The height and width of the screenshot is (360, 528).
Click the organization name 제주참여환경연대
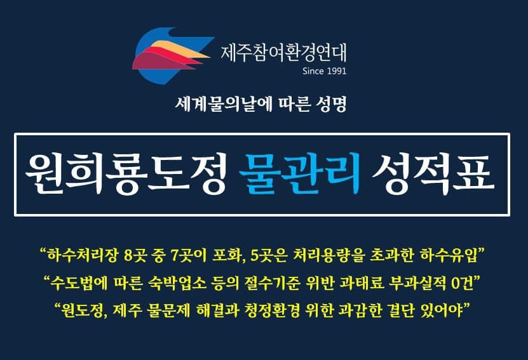[283, 53]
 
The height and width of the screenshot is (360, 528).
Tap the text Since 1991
[324, 71]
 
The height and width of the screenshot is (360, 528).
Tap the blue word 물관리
[299, 173]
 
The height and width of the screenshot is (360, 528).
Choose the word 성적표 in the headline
[433, 174]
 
